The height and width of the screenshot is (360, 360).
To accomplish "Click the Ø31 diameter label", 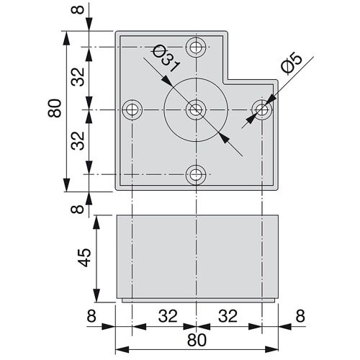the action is pos(166,58).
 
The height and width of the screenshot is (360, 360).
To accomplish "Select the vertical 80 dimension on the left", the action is pos(55,108).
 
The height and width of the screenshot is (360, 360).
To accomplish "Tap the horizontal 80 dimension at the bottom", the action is pos(197,340).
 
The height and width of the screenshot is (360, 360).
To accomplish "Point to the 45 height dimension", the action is pos(85,258).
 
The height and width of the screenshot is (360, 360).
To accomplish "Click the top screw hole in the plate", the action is pos(196,47).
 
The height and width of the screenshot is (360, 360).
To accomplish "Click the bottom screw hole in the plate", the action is pos(196,174).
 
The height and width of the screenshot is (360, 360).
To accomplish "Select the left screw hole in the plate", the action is pos(132,110).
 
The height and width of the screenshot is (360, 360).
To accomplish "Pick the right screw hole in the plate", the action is pos(262,110).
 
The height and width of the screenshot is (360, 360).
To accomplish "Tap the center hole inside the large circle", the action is pos(196,110).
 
